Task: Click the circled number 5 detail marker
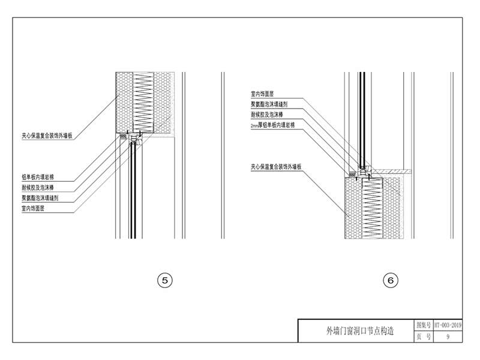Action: coord(164,280)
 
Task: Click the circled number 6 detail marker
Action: coord(391,280)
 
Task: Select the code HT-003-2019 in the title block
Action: coord(448,325)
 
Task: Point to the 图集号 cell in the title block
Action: coord(424,325)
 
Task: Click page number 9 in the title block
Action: coord(448,337)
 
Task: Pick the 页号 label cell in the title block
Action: coord(424,337)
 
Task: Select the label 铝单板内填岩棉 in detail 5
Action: coord(38,177)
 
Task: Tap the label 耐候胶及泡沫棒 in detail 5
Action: coord(38,188)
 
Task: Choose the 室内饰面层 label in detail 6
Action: coord(262,94)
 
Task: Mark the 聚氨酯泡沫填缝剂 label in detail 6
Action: coord(269,104)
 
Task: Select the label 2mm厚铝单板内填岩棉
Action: coord(273,125)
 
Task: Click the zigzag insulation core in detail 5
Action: coord(143,100)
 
